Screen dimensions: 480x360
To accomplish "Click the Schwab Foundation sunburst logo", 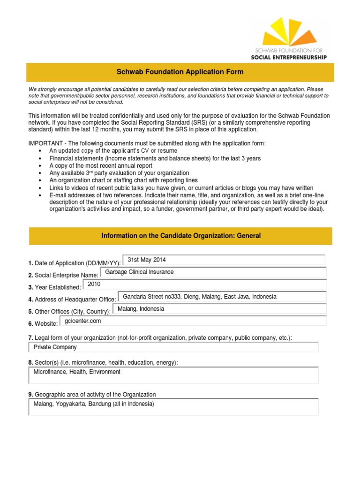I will coord(289,32).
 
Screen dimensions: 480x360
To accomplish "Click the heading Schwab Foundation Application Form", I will coord(180,72).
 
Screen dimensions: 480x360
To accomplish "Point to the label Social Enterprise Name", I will coord(66,275).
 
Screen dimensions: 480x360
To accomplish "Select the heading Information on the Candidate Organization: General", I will coord(181,236).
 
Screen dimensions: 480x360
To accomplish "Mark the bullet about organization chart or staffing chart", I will coord(123,180).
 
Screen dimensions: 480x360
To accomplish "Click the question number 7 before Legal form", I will coord(30,337).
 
